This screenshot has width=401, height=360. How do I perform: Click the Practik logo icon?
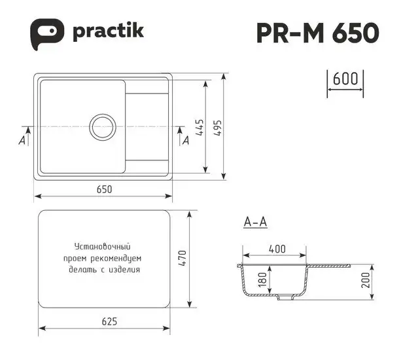click(x=48, y=32)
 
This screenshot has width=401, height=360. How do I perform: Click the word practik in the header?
click(x=108, y=31)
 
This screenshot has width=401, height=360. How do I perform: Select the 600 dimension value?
click(x=345, y=79)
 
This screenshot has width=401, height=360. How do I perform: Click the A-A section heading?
click(x=254, y=223)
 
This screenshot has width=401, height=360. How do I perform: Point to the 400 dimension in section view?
click(x=277, y=249)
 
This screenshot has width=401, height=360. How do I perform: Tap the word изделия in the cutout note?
click(x=126, y=269)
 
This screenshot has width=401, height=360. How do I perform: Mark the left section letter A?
click(x=22, y=140)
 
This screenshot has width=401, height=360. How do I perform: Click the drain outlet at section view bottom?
click(x=285, y=298)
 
